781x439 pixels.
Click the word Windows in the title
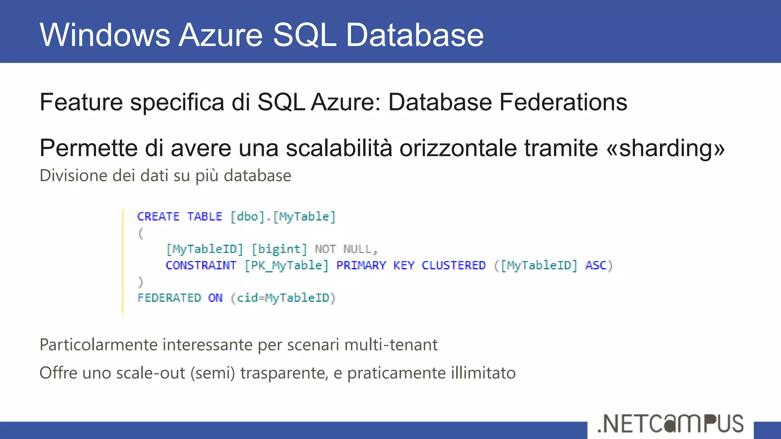tap(105, 35)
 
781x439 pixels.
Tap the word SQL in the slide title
tap(305, 35)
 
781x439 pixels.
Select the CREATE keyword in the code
tap(158, 216)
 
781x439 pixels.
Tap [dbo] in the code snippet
tap(247, 216)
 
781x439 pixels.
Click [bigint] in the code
tap(279, 249)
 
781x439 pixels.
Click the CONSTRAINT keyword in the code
tap(201, 265)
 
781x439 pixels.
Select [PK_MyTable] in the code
tap(286, 265)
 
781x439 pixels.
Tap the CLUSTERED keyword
tap(453, 265)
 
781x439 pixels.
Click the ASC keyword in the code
tap(595, 265)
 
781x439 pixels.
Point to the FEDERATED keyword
tap(169, 298)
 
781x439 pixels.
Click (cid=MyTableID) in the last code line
tap(283, 298)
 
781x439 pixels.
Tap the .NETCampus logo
tap(670, 424)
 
